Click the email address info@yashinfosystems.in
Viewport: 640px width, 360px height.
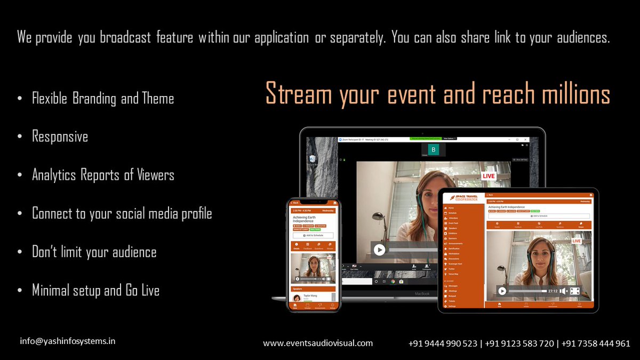pyautogui.click(x=68, y=341)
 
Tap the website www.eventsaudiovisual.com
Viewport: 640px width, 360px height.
pyautogui.click(x=318, y=343)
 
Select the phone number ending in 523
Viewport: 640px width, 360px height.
pyautogui.click(x=443, y=343)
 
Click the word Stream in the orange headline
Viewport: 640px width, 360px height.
pyautogui.click(x=297, y=95)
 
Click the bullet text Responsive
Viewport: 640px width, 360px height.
pyautogui.click(x=60, y=137)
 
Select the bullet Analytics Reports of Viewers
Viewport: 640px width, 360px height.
pyautogui.click(x=103, y=175)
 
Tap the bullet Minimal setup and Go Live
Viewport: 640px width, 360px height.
pyautogui.click(x=95, y=291)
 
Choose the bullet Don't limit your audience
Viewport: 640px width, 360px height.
pyautogui.click(x=94, y=252)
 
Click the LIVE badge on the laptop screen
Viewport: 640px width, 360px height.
pyautogui.click(x=489, y=175)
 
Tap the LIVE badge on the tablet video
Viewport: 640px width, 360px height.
pyautogui.click(x=577, y=241)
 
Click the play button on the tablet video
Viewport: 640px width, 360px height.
pyautogui.click(x=502, y=291)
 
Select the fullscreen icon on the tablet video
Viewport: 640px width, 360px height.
pyautogui.click(x=575, y=291)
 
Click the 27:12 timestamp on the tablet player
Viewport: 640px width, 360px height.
pyautogui.click(x=553, y=291)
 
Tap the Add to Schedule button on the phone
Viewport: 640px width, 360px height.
pyautogui.click(x=313, y=235)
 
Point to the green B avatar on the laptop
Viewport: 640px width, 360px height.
pyautogui.click(x=434, y=150)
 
